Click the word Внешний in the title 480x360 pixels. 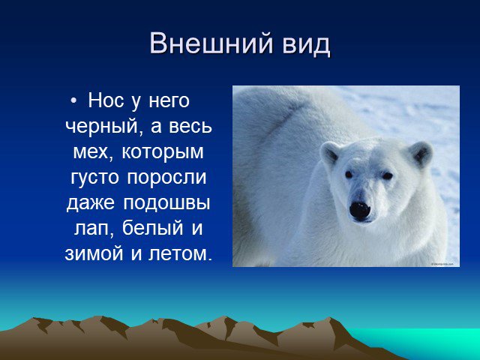[211, 43]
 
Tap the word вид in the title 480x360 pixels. [307, 43]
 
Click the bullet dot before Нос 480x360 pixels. [73, 100]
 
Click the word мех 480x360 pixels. [91, 151]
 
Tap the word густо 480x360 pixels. [94, 178]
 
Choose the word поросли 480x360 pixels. [166, 178]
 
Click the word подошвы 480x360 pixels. [166, 203]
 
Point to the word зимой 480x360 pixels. [94, 253]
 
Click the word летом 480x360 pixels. [180, 253]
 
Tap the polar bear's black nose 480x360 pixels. [360, 211]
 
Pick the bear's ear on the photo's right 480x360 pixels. [421, 153]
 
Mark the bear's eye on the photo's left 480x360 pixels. [349, 175]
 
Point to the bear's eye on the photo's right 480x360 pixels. [387, 175]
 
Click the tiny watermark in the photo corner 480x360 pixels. [442, 263]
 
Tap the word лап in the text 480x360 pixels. [91, 229]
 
